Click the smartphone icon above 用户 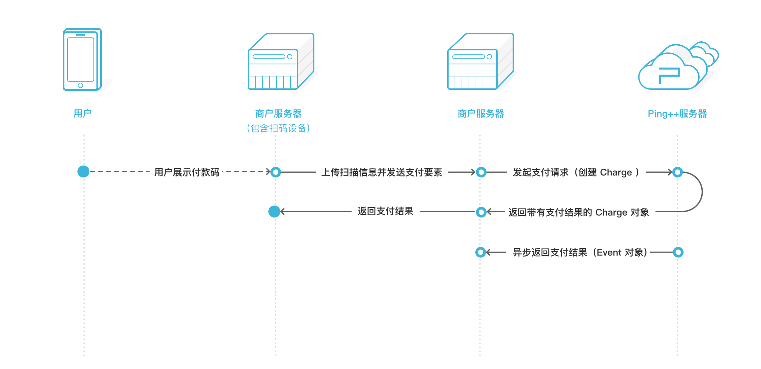[x=82, y=59]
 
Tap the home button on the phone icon [x=80, y=85]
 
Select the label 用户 [x=82, y=113]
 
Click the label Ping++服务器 [x=677, y=113]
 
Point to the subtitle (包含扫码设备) [x=278, y=128]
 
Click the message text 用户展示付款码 [x=187, y=172]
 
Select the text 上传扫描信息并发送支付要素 [x=382, y=172]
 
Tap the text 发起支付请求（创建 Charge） [x=576, y=172]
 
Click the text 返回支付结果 [x=385, y=211]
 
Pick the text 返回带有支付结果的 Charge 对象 [x=578, y=212]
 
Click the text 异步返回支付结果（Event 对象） [x=580, y=252]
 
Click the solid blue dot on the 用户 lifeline [x=83, y=171]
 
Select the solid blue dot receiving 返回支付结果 [x=274, y=212]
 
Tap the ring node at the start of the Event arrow [x=678, y=252]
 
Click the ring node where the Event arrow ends [x=481, y=252]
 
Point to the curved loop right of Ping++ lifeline [x=701, y=192]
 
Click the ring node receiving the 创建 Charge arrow [x=677, y=172]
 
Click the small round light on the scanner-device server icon [x=290, y=57]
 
